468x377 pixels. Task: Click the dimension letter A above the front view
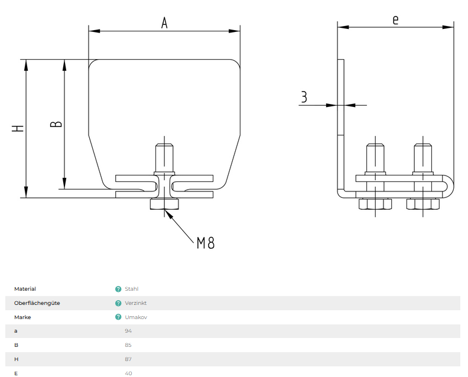tap(165, 22)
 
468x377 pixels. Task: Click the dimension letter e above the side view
tap(395, 19)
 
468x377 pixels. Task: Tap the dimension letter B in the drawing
tap(56, 123)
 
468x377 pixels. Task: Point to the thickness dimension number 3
tap(304, 97)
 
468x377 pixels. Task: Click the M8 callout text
tap(206, 242)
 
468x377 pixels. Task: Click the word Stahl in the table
tap(132, 289)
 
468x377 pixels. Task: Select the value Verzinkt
tap(135, 303)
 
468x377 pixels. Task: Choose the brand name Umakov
tap(136, 317)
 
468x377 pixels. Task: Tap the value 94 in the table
tap(128, 331)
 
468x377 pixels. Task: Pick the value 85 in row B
tap(128, 345)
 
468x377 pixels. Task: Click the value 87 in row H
tap(128, 359)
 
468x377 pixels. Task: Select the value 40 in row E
tap(128, 373)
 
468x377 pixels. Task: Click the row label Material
tap(25, 289)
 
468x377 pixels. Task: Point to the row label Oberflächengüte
tap(37, 303)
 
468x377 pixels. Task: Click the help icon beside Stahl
tap(118, 289)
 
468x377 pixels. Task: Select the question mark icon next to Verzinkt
tap(118, 303)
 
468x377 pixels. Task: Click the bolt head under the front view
tap(165, 204)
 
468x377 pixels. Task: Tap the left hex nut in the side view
tap(375, 204)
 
